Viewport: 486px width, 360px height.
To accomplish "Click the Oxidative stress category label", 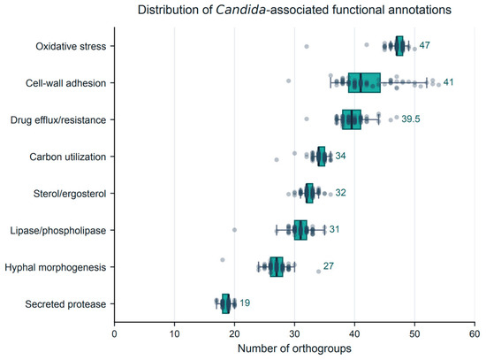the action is (x=71, y=46).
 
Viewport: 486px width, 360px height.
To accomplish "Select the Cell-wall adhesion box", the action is (x=364, y=83).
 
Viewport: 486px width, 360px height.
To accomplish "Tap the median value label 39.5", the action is (x=411, y=119).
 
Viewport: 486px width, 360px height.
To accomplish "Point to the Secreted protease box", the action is (x=225, y=303).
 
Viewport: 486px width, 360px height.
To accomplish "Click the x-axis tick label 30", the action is (x=294, y=334).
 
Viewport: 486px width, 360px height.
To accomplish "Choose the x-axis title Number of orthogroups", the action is (x=294, y=349).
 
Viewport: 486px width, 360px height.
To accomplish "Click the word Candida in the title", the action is (x=240, y=10).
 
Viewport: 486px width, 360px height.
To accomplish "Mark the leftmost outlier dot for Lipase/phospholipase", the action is (x=234, y=230).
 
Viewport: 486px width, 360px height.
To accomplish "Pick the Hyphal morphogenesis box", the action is (x=277, y=267).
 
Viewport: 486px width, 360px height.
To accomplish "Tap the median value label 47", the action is (x=424, y=45).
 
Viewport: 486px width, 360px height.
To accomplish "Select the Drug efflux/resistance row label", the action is (x=58, y=119).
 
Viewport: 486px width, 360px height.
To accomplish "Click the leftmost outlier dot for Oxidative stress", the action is (x=307, y=47).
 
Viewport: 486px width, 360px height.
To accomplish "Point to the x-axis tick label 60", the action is (x=475, y=334).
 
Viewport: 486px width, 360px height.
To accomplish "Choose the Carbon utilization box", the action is (x=322, y=157).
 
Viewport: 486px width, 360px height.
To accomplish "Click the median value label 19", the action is (x=245, y=303).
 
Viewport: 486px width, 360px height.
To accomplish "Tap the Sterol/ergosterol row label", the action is (x=70, y=194).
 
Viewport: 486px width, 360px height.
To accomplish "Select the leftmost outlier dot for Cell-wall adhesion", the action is (x=289, y=80).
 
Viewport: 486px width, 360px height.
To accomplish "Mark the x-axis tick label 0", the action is (x=114, y=334).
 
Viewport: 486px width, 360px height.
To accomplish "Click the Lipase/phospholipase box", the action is (x=300, y=230).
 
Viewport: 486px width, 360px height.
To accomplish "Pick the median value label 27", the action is (x=329, y=266).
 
